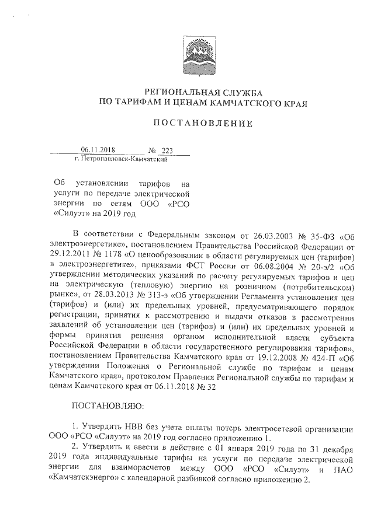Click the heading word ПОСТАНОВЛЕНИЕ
point(203,123)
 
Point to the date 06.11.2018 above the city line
point(96,150)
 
